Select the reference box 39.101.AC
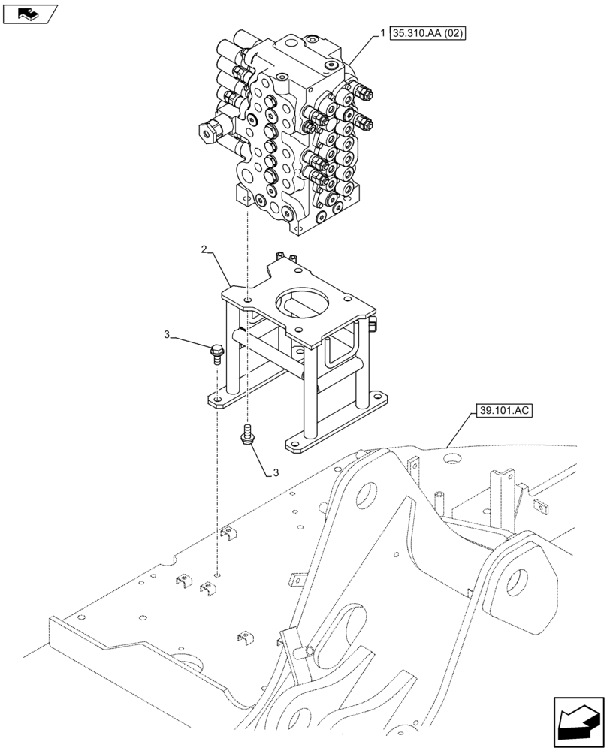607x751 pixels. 503,411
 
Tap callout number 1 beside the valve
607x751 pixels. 383,33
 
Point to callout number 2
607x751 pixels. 204,249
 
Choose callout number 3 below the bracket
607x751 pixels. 276,472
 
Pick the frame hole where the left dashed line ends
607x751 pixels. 216,575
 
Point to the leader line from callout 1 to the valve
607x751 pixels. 365,47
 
